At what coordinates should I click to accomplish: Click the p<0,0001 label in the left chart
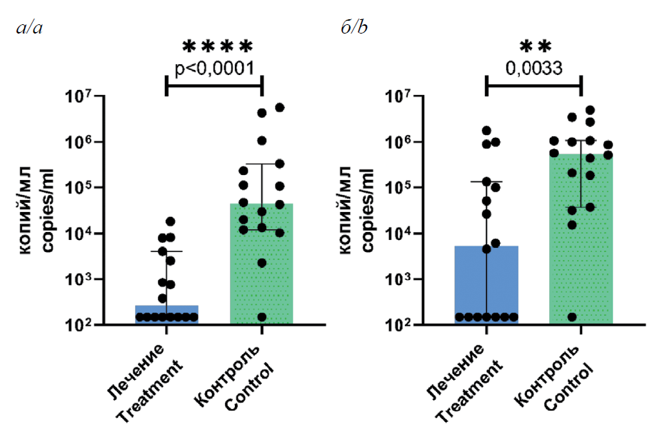(214, 68)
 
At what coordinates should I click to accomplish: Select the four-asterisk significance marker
(217, 47)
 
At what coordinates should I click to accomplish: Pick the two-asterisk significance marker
(535, 47)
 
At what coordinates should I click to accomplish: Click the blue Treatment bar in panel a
(166, 315)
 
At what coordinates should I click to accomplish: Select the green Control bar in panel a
(261, 264)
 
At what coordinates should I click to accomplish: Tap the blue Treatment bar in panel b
(486, 286)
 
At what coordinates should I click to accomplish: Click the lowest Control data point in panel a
(261, 317)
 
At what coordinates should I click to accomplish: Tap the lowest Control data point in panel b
(572, 317)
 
